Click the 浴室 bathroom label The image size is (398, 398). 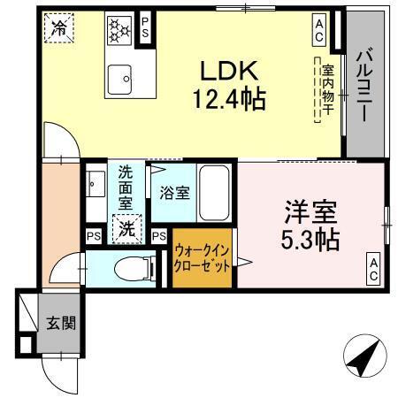(174, 192)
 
